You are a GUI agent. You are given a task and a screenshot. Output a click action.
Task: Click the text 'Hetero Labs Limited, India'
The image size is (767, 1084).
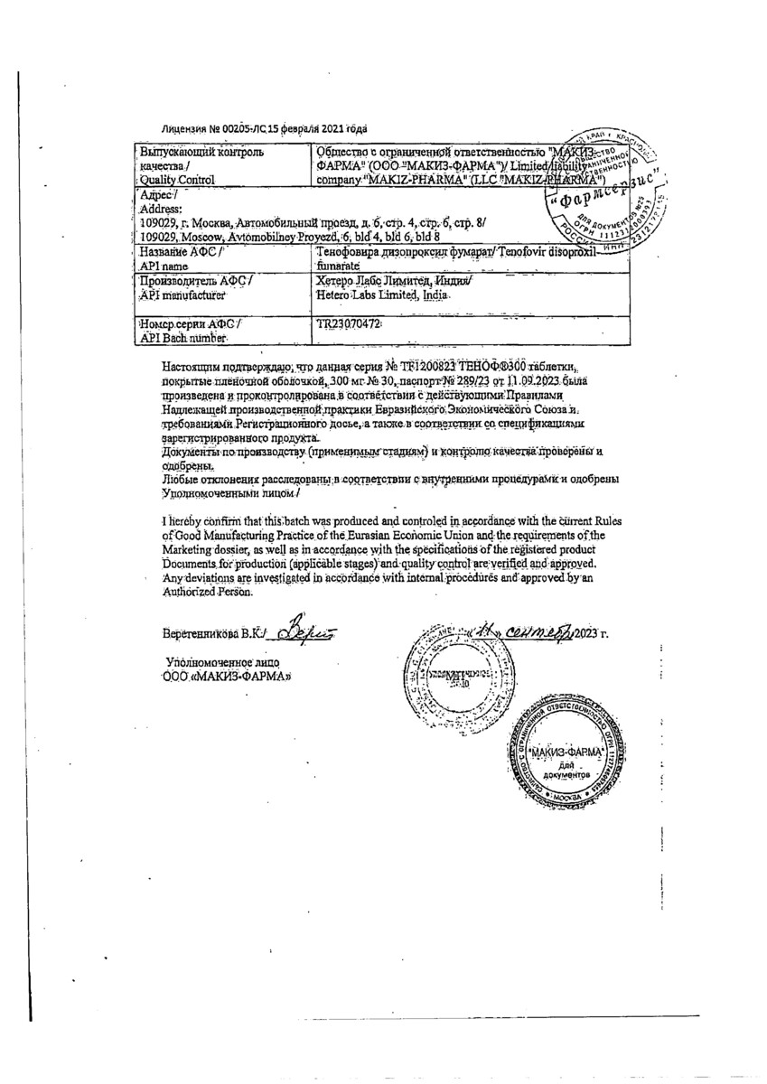(379, 295)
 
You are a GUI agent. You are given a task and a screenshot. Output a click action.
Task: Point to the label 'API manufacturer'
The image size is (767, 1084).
(181, 295)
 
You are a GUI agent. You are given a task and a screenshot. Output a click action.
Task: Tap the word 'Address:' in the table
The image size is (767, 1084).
(163, 209)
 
